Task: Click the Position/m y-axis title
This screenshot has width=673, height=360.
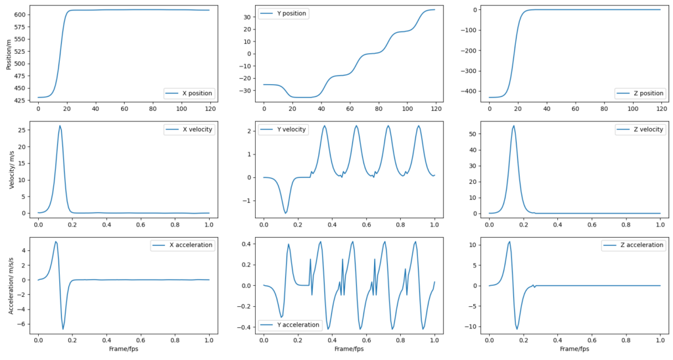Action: [9, 54]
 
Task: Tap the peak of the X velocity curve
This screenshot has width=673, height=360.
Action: [60, 125]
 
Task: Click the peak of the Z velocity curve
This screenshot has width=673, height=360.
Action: [513, 125]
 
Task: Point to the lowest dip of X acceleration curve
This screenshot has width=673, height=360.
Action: [63, 329]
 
